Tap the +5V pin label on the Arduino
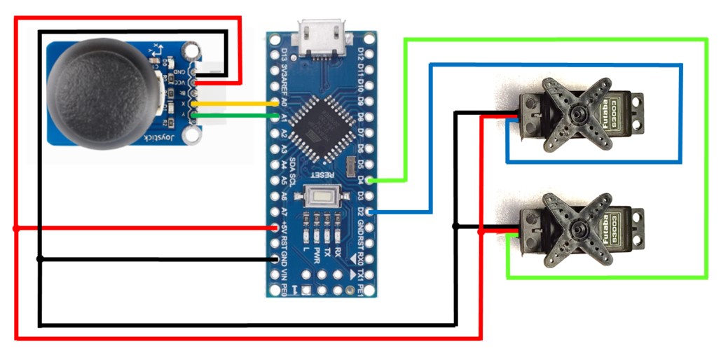click(284, 228)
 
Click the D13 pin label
click(284, 54)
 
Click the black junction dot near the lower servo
click(456, 226)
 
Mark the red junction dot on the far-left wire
click(16, 228)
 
